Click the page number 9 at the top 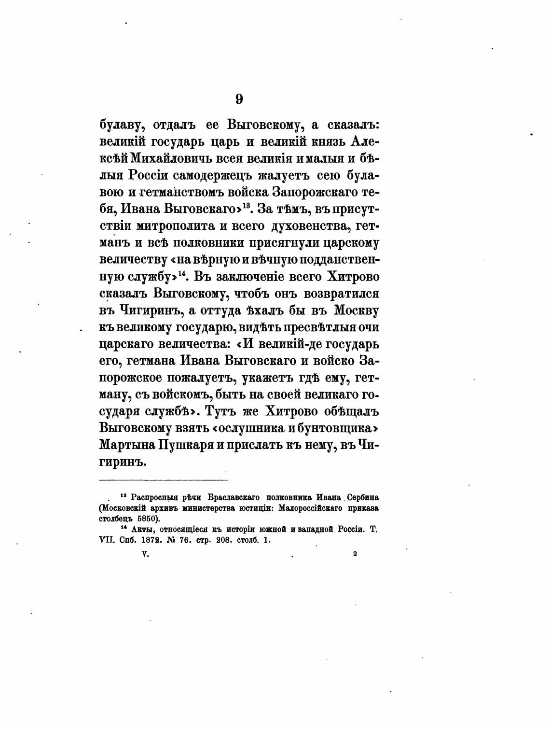coord(239,99)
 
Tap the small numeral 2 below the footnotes coord(355,555)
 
